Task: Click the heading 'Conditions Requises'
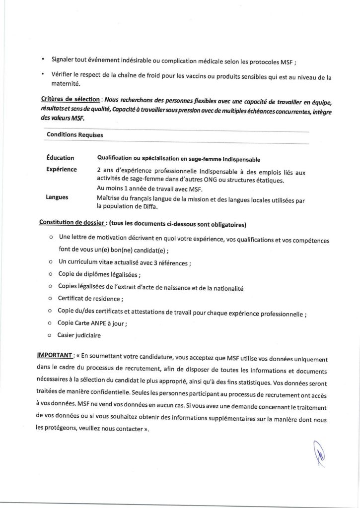75,134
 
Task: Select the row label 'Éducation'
60,158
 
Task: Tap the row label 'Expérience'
62,169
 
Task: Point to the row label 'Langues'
57,197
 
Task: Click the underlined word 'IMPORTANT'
55,356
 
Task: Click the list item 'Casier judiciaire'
79,335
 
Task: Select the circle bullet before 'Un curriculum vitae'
51,261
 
